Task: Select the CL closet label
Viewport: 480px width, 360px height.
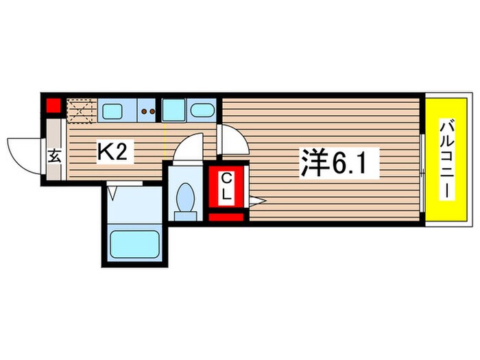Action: [226, 186]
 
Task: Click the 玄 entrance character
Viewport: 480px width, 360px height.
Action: [55, 155]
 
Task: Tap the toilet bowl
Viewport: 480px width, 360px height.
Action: [184, 201]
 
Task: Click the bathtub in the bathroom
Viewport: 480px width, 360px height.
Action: [135, 243]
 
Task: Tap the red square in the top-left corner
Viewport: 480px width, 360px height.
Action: [53, 106]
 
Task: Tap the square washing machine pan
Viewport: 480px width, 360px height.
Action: [175, 110]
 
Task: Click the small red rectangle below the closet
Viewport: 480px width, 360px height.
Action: [226, 217]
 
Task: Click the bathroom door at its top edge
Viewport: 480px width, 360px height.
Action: [124, 183]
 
